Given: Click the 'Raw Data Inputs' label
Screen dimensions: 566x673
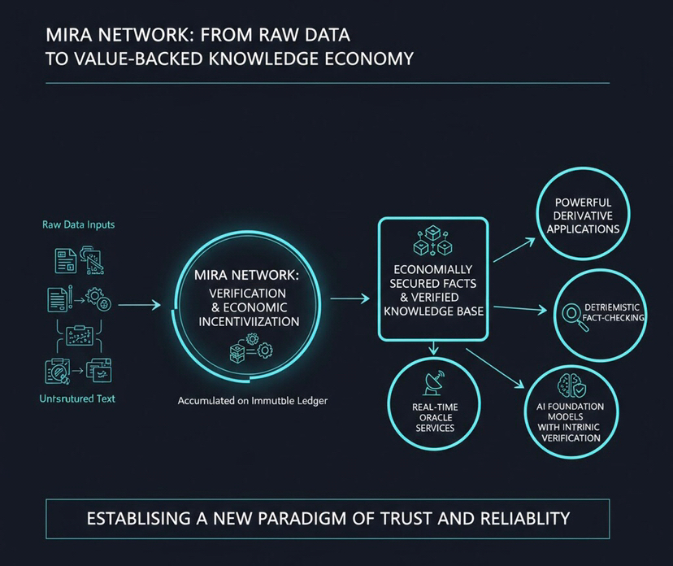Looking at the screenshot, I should [78, 224].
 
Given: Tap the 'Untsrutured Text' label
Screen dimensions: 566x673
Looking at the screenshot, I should [77, 398].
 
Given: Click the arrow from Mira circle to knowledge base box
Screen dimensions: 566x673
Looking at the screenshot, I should [351, 299].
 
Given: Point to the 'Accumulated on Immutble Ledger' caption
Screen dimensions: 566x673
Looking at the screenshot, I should [252, 401].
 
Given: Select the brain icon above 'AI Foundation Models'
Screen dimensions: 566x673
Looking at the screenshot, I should [569, 385].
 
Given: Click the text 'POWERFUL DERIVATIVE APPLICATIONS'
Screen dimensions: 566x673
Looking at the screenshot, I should [583, 216].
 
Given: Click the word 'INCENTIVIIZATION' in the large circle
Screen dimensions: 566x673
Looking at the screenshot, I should [249, 321].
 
